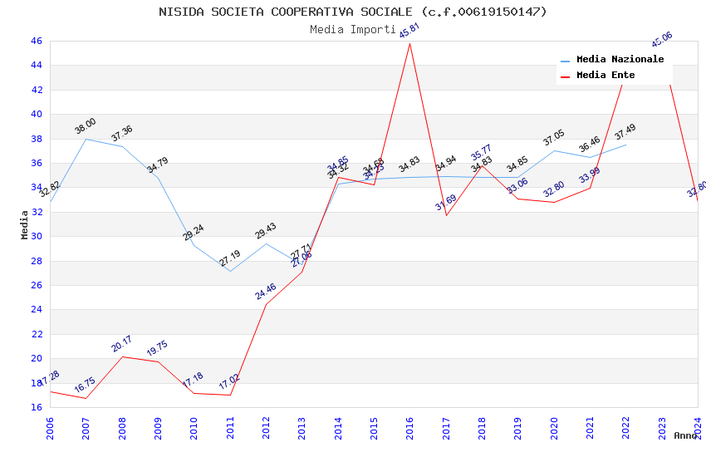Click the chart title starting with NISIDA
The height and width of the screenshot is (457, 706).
353,12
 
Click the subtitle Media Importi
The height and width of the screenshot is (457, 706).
353,29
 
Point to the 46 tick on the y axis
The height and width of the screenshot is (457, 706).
36,41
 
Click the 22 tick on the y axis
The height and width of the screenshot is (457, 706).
36,334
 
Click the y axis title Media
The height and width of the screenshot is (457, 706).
25,224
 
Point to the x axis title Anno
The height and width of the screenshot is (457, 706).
685,435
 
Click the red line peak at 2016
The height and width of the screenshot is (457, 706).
410,43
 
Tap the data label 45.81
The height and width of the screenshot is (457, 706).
409,31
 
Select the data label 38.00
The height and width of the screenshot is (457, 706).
86,126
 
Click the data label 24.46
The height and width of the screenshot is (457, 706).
266,292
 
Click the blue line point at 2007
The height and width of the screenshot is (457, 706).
86,139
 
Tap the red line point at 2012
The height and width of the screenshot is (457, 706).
266,304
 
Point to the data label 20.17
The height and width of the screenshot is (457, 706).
122,344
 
